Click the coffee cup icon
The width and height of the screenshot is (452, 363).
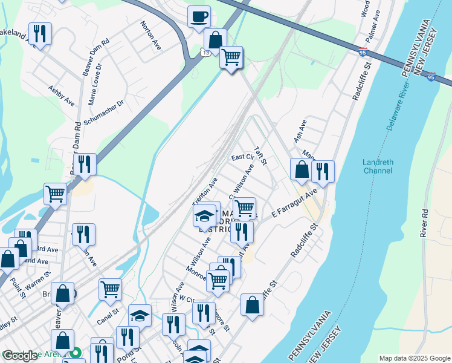point(199,18)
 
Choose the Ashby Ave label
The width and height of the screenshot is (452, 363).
point(61,96)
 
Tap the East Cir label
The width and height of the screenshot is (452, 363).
point(242,157)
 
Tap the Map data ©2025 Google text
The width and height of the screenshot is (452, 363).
point(414,358)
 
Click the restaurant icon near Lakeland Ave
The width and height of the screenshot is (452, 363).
point(40,33)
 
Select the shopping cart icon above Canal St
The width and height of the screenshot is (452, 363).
point(110,289)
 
